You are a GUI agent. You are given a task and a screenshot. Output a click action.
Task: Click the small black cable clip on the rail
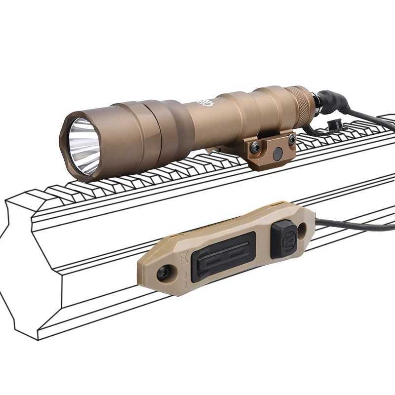335,124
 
